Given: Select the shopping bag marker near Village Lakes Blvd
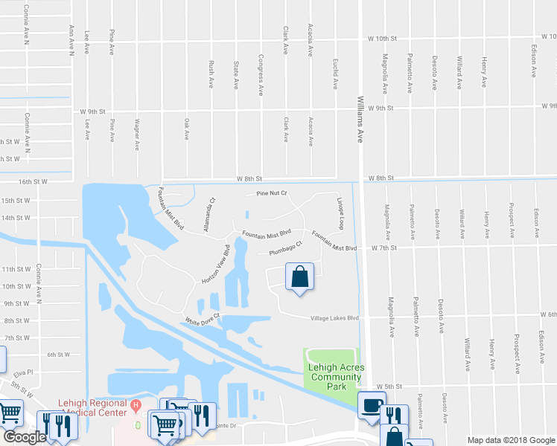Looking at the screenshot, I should click(x=299, y=279).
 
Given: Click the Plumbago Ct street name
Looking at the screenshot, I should click(x=285, y=249).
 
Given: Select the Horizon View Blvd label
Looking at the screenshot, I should click(x=213, y=264).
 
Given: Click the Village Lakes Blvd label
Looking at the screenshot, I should click(x=334, y=318).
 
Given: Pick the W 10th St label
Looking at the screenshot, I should click(x=383, y=38).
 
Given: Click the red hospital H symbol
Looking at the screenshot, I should click(x=136, y=406).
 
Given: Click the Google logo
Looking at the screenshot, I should click(x=25, y=437).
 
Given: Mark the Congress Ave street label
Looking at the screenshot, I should click(x=260, y=76).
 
